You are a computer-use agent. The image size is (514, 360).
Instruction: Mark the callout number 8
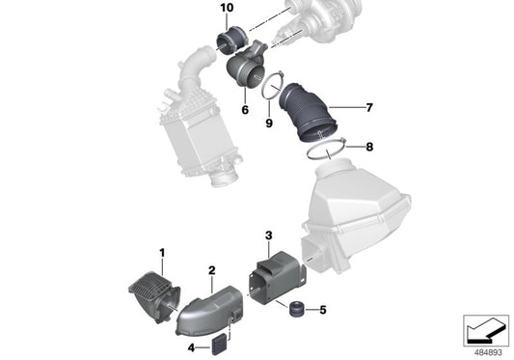[369, 147]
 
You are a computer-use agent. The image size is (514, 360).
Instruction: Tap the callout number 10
[227, 8]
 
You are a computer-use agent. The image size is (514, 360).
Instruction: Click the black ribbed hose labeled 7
[309, 112]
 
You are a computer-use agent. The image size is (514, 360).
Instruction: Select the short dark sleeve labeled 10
[231, 42]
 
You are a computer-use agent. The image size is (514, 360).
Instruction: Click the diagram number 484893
[483, 350]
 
